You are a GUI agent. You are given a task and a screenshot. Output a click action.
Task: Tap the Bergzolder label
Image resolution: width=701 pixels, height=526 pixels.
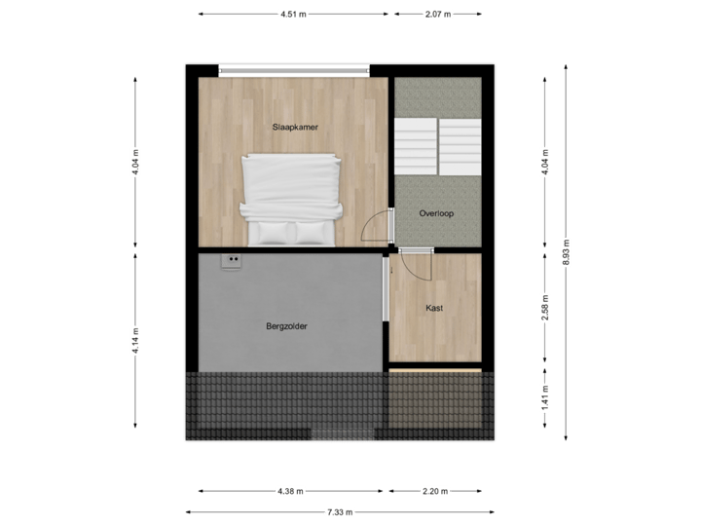click(286, 327)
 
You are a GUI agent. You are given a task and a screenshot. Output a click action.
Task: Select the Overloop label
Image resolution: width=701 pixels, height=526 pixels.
click(437, 213)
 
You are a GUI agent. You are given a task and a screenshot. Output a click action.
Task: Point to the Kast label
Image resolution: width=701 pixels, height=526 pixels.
click(434, 308)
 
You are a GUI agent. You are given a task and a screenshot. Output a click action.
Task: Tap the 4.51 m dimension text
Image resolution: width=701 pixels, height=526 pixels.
click(292, 15)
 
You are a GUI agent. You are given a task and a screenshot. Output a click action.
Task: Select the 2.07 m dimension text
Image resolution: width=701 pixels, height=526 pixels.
click(438, 15)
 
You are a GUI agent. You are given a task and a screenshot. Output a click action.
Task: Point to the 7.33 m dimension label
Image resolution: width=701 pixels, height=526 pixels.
click(339, 511)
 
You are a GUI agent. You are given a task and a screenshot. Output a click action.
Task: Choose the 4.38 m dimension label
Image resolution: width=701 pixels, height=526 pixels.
click(290, 491)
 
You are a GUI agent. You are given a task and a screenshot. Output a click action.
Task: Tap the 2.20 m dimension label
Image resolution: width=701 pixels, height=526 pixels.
click(434, 491)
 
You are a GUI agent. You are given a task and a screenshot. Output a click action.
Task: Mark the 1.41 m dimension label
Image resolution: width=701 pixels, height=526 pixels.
click(546, 396)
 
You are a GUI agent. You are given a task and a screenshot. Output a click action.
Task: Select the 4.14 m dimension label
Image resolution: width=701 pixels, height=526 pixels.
click(135, 340)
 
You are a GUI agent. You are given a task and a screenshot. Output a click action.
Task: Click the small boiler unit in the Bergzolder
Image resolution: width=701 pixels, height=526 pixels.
click(232, 261)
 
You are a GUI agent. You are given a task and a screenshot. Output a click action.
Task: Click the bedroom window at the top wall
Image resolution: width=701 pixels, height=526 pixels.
click(294, 69)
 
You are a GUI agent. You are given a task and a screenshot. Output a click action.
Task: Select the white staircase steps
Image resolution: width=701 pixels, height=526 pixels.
click(437, 146)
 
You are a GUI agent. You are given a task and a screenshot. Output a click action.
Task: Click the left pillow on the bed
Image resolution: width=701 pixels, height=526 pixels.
click(270, 230)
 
